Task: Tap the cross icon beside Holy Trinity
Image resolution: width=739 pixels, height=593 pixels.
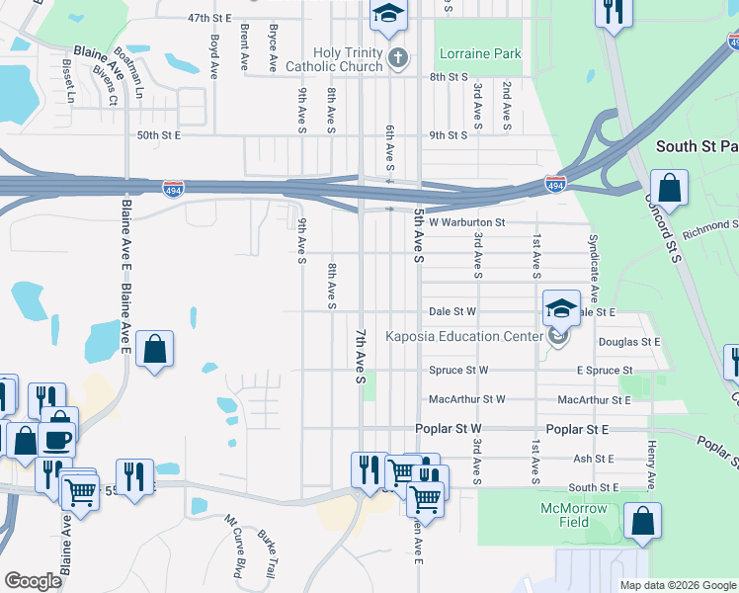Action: (x=398, y=56)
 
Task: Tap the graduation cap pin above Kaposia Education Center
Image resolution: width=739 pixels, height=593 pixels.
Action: (x=561, y=308)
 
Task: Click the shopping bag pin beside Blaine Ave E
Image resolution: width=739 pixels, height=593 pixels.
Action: (x=155, y=349)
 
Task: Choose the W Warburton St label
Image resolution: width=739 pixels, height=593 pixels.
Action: (x=466, y=223)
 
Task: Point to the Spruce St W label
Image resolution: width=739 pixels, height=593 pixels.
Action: (x=458, y=371)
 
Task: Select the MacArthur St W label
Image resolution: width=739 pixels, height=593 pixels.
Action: (x=466, y=399)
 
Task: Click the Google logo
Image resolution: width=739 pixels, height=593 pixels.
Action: (x=33, y=581)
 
